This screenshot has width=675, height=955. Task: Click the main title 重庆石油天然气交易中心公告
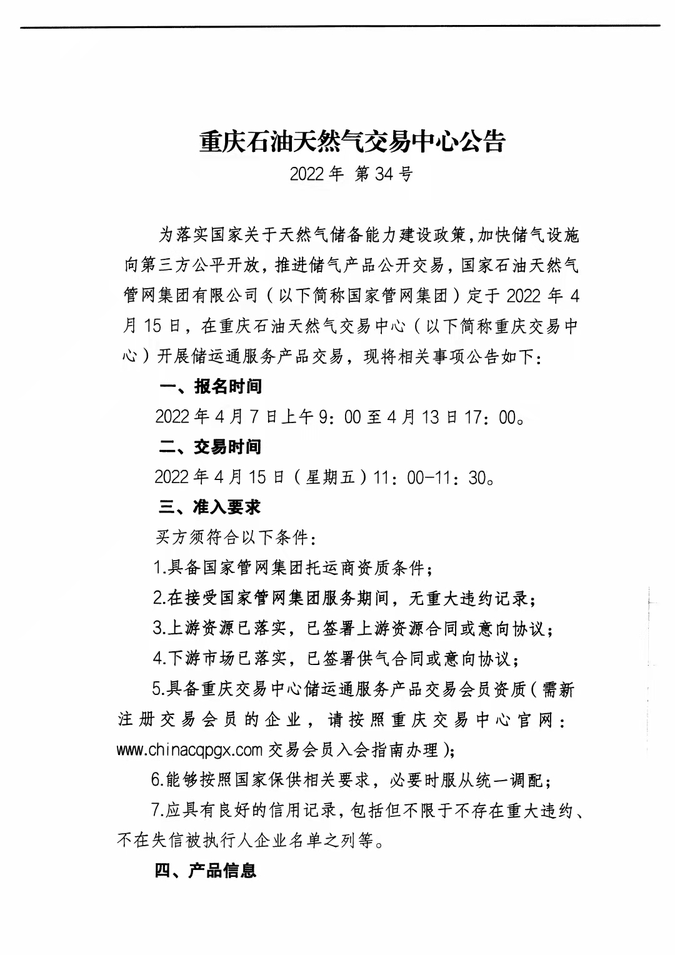tap(351, 142)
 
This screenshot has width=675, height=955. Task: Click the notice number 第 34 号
tap(384, 174)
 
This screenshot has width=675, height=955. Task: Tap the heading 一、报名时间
tap(210, 387)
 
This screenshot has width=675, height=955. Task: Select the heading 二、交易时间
tap(210, 447)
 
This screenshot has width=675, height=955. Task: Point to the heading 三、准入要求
tap(210, 507)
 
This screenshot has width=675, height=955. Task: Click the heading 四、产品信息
tap(206, 871)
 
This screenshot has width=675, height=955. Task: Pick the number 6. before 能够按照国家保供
tap(157, 780)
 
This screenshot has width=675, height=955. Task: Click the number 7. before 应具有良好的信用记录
tap(157, 810)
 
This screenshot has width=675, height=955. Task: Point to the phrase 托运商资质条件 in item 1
tap(371, 568)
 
